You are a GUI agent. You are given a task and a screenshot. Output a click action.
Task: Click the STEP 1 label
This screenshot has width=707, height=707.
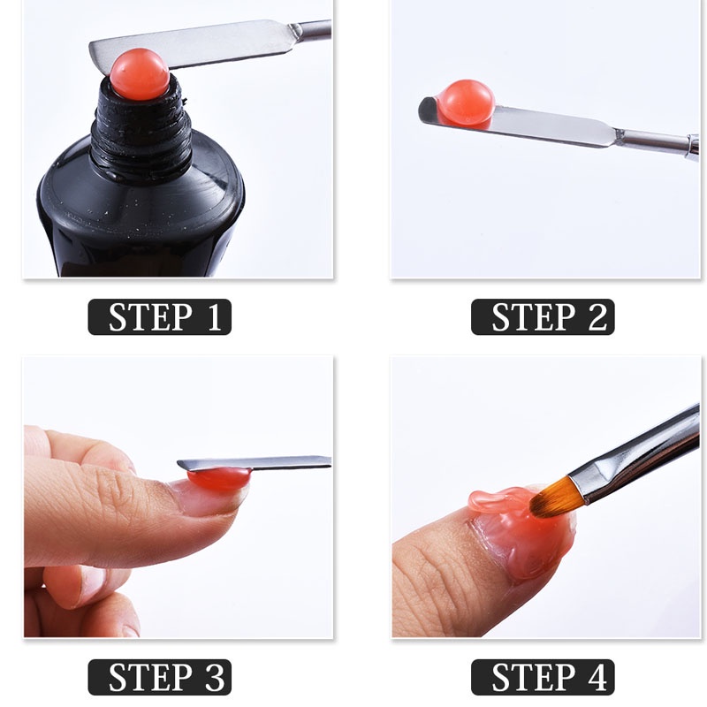(160, 317)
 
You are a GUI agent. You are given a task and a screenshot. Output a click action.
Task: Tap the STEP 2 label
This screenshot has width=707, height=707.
(543, 317)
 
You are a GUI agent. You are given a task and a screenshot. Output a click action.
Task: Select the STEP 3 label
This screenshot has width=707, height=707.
(160, 677)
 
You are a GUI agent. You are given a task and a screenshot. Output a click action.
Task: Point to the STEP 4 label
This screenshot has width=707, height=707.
(543, 677)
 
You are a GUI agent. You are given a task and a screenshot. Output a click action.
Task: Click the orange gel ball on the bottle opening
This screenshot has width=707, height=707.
(140, 74)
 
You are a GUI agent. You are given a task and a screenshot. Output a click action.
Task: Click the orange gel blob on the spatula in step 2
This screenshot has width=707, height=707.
(466, 103)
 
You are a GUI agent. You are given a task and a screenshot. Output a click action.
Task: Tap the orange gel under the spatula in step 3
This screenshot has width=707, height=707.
(218, 479)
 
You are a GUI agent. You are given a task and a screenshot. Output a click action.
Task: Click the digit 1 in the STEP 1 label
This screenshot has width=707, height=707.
(215, 317)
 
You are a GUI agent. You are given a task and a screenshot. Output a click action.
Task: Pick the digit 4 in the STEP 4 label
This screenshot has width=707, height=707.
(597, 677)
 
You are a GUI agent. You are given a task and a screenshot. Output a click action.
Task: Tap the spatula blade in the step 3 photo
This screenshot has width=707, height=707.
(254, 463)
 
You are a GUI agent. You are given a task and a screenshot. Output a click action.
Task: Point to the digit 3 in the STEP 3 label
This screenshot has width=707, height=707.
(215, 677)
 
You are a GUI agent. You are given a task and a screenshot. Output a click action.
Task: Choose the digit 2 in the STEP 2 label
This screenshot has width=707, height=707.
(597, 317)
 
